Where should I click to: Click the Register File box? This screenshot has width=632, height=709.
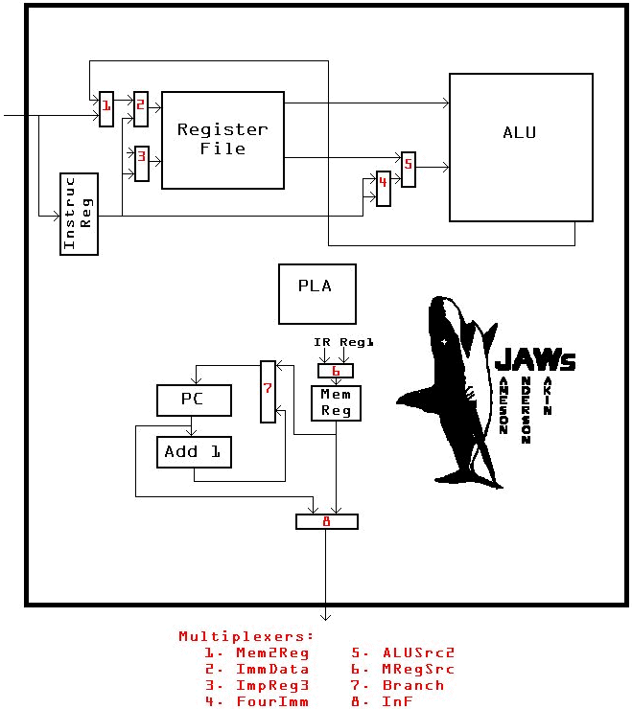[222, 140]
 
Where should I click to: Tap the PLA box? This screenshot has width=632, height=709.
[316, 294]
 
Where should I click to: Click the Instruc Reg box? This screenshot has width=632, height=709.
[79, 214]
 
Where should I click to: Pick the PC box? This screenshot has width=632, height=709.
[194, 400]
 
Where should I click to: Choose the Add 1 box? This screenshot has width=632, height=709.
[194, 451]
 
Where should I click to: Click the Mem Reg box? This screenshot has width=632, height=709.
[336, 401]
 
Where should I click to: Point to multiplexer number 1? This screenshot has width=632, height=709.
[106, 108]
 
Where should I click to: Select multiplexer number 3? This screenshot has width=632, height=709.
[141, 163]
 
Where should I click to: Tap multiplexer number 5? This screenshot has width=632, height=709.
[409, 169]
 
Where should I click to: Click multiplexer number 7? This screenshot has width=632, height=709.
[268, 391]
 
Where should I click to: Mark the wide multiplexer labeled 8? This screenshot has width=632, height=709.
[326, 521]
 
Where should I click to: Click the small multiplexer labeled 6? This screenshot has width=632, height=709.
[336, 370]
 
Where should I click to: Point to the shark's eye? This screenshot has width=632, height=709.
[444, 342]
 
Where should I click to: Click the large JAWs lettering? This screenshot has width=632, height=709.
[535, 360]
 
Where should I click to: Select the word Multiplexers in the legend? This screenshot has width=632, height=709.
[246, 636]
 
